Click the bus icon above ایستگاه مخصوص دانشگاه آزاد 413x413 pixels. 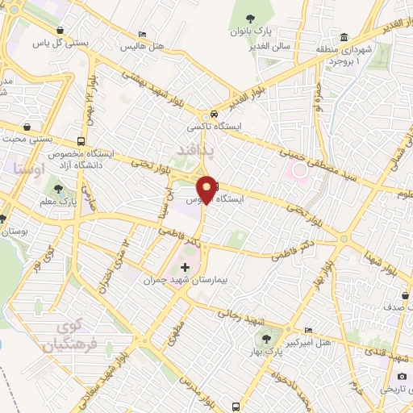pos(81,139)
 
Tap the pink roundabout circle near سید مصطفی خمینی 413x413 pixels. pos(301,171)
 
